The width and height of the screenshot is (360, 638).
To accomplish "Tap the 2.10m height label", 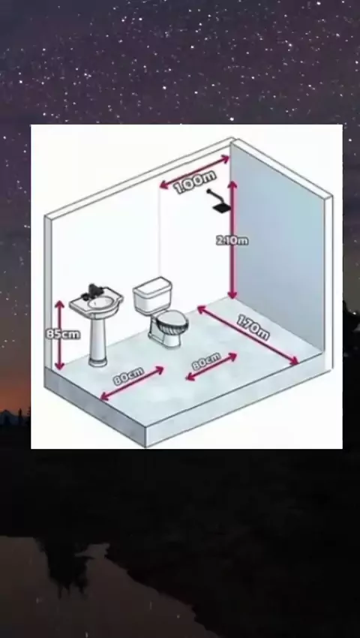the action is click(x=232, y=240).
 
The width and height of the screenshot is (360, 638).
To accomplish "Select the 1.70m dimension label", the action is click(x=253, y=327).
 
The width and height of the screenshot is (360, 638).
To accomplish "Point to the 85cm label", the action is click(x=63, y=335).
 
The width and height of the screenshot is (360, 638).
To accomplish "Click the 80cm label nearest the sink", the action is click(x=128, y=376).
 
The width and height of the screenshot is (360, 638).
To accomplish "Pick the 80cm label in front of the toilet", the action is click(x=206, y=361).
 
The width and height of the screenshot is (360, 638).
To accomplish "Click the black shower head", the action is click(x=220, y=201).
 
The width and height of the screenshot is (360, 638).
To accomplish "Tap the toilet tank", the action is click(x=152, y=295).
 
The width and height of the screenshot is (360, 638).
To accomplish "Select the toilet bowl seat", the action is click(x=172, y=321).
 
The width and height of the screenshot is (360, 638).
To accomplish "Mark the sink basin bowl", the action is click(x=96, y=303).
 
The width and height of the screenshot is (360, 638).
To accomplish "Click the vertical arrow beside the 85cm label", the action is click(x=60, y=336).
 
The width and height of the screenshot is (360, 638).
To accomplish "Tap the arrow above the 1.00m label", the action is click(x=194, y=172).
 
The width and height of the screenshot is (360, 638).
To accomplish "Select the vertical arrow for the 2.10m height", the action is click(x=232, y=240).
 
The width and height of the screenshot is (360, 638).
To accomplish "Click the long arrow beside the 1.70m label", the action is click(x=248, y=335).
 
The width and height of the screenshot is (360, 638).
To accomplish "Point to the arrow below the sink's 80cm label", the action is click(x=132, y=384).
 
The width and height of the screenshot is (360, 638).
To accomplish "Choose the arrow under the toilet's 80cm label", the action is click(x=211, y=366).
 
